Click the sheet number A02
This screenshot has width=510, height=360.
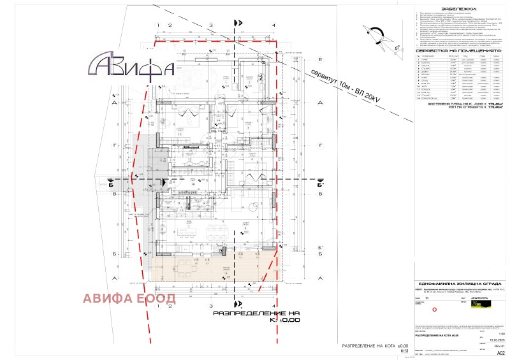[500, 352]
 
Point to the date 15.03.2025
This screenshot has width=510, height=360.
[498, 340]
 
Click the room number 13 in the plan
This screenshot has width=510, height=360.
[180, 135]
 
